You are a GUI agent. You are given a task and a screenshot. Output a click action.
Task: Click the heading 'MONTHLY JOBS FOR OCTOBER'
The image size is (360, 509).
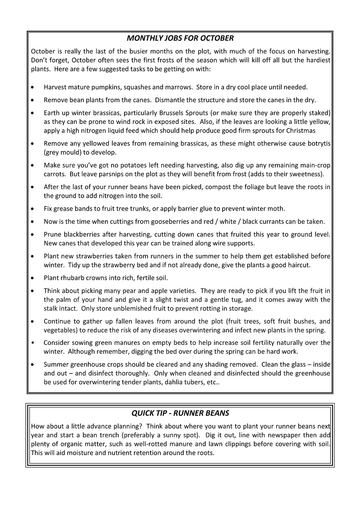pyautogui.click(x=180, y=39)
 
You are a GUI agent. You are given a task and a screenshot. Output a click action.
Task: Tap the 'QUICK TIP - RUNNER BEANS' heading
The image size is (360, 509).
pyautogui.click(x=180, y=413)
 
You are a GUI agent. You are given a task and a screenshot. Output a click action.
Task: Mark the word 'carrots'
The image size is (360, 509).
pyautogui.click(x=55, y=174)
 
